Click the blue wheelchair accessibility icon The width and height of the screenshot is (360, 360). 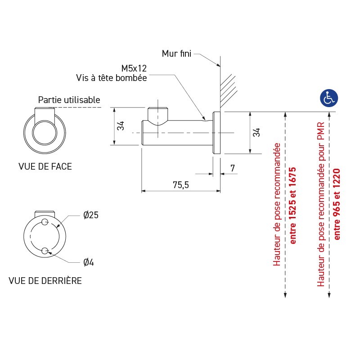(329, 98)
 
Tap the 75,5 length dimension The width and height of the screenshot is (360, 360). (180, 185)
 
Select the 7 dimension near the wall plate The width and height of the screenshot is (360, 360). (232, 168)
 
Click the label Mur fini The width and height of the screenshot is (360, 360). (176, 54)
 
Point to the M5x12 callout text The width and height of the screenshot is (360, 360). (134, 68)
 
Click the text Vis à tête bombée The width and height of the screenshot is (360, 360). (111, 77)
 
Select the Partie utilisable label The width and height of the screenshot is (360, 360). (69, 100)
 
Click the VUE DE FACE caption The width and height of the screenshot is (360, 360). (45, 167)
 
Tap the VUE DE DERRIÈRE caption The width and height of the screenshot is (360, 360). (45, 281)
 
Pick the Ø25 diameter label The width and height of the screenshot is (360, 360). (91, 215)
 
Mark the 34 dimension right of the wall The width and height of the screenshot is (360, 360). (256, 132)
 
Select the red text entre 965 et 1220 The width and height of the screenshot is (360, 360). (336, 204)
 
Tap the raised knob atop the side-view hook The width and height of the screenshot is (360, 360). (158, 115)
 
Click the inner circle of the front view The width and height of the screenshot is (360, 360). (44, 133)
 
